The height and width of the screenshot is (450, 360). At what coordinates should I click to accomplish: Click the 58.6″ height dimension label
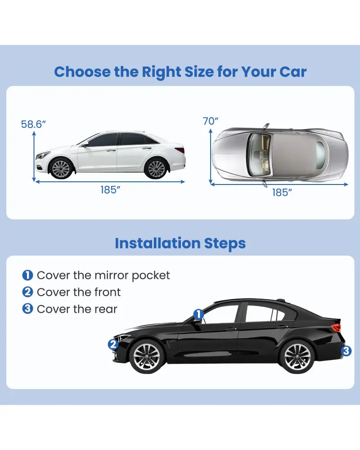[33, 124]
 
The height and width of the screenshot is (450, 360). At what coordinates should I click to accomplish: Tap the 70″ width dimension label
[211, 121]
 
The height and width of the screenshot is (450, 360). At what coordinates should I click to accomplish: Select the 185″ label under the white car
[110, 190]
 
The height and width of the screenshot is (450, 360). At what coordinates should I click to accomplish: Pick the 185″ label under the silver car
[282, 193]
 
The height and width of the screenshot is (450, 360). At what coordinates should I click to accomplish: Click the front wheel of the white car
[61, 168]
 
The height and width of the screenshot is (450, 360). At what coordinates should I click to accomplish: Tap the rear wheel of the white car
[156, 168]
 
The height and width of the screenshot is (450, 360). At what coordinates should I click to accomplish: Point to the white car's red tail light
[180, 150]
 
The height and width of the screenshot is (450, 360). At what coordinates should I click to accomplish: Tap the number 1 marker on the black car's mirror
[198, 314]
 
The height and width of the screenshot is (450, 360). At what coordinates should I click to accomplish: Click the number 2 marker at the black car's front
[113, 344]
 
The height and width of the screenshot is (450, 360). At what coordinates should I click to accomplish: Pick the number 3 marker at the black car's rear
[346, 351]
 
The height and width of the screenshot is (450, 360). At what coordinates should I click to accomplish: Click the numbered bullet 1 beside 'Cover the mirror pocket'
[27, 275]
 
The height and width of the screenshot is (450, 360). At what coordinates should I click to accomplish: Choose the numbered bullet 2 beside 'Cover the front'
[27, 292]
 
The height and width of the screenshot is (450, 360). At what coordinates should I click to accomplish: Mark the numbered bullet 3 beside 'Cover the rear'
[27, 309]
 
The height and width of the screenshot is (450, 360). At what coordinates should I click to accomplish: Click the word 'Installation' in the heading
[157, 243]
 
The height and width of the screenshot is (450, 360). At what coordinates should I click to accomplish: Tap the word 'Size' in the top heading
[199, 72]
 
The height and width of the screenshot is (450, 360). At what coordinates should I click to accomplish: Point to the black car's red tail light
[336, 327]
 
